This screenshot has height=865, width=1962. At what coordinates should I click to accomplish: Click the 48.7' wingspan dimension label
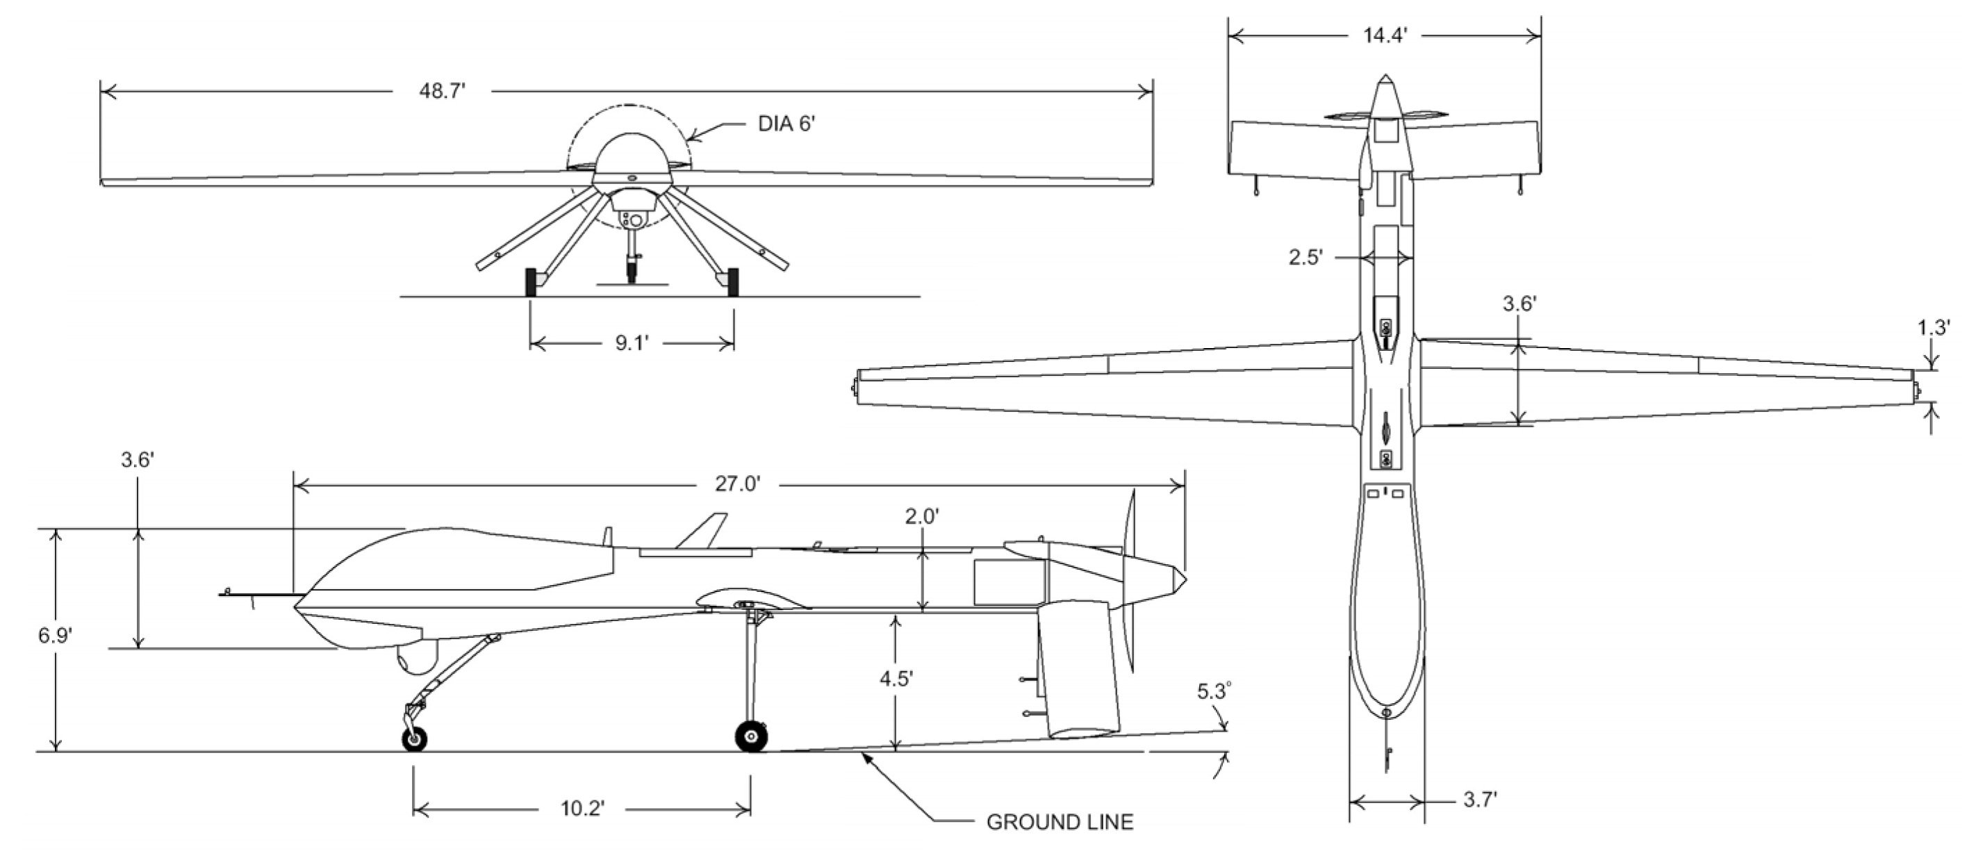(x=442, y=92)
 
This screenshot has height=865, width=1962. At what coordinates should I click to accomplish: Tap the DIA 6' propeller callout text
(x=786, y=124)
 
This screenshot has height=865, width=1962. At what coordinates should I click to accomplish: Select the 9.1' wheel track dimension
(x=632, y=343)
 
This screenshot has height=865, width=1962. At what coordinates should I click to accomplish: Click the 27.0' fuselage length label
(x=736, y=484)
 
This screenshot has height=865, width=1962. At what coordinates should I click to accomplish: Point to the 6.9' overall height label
(x=55, y=635)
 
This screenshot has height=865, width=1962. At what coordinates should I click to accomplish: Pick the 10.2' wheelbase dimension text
(x=583, y=808)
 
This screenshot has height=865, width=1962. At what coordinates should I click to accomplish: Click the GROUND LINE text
(x=1060, y=823)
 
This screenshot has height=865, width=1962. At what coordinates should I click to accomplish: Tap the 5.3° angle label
(x=1213, y=691)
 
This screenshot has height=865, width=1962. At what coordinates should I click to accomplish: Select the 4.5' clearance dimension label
(x=896, y=678)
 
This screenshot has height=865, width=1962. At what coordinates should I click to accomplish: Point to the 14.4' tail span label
(x=1385, y=36)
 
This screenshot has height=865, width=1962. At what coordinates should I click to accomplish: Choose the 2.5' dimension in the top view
(x=1305, y=258)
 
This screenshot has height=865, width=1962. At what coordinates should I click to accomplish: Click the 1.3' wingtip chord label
(x=1933, y=328)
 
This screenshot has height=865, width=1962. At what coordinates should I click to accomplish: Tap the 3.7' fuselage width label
(x=1480, y=800)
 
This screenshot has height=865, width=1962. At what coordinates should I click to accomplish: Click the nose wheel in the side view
(x=414, y=739)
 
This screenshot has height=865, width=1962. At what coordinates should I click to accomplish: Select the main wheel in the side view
(x=751, y=736)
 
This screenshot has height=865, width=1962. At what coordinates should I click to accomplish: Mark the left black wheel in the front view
(x=531, y=282)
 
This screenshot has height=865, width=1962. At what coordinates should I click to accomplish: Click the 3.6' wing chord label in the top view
(x=1519, y=304)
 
